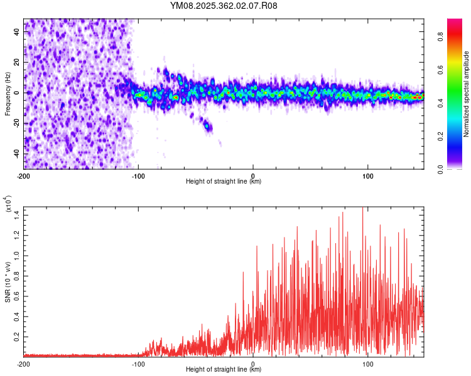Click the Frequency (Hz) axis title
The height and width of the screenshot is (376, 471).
point(8,93)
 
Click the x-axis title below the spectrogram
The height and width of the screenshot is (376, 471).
point(224,182)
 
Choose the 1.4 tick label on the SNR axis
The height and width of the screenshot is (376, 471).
point(17,215)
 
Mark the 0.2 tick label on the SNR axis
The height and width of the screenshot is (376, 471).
point(17,336)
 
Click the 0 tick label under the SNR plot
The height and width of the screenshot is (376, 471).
point(253,363)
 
